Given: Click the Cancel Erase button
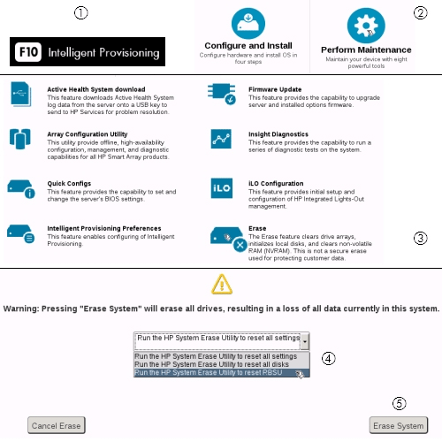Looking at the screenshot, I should point(56,425).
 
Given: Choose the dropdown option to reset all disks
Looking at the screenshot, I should point(212,363).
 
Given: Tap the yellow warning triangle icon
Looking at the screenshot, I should point(220,284).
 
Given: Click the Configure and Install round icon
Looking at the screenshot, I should point(248,22).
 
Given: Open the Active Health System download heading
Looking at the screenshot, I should point(95,89).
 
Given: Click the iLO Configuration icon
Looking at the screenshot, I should point(221,189).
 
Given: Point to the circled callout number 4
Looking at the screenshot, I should point(328,359).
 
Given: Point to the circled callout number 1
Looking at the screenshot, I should point(81,12).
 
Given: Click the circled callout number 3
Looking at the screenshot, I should point(421,238).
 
